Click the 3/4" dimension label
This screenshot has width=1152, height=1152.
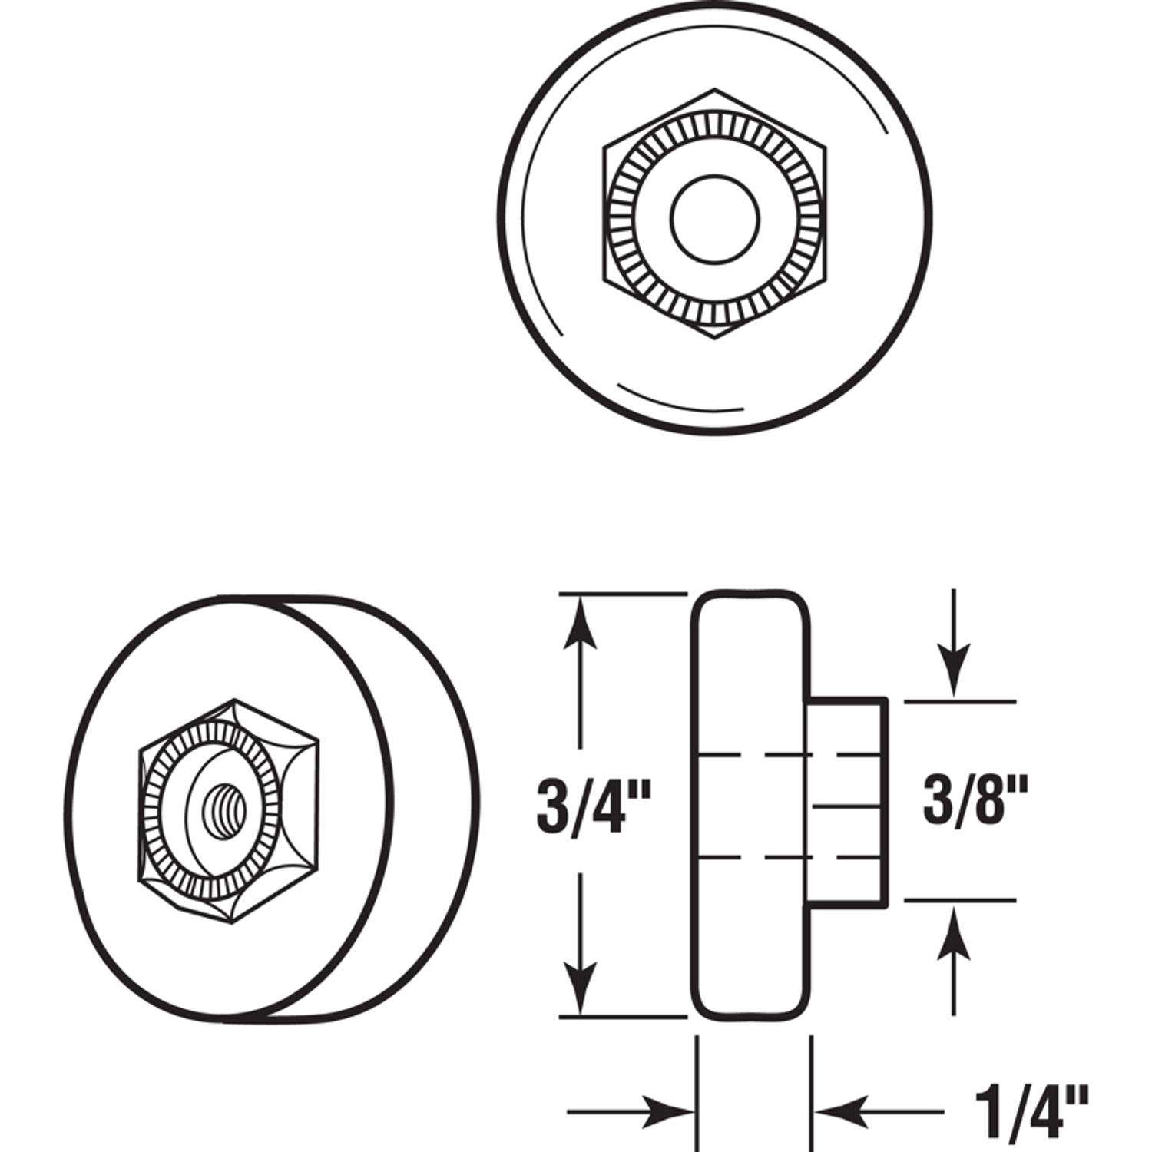(x=594, y=804)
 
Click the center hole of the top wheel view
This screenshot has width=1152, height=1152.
(x=714, y=219)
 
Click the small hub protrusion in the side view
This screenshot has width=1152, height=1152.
(x=849, y=799)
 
